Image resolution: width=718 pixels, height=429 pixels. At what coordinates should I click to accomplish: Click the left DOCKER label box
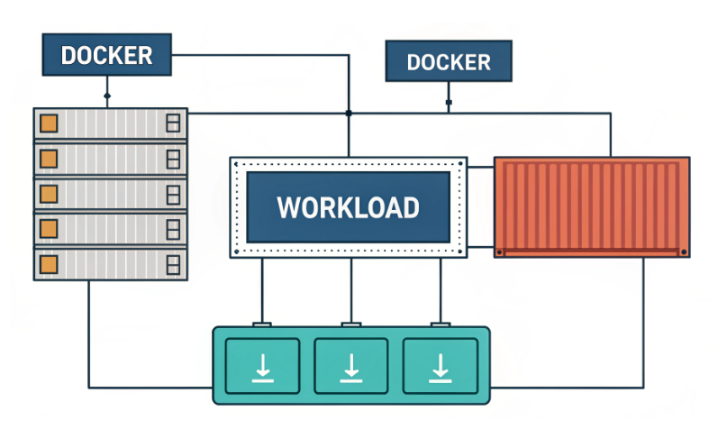(x=106, y=55)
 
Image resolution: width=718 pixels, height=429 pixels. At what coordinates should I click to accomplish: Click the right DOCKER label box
(x=449, y=62)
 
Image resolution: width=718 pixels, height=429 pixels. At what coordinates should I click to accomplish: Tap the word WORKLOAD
(x=348, y=207)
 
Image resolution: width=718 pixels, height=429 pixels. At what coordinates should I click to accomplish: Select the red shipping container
(x=592, y=206)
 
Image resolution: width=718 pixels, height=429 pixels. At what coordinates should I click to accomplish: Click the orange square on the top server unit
(x=49, y=123)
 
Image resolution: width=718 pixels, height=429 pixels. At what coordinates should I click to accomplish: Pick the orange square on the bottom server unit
(x=49, y=262)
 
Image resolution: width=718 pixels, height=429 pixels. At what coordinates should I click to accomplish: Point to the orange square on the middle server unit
(x=49, y=193)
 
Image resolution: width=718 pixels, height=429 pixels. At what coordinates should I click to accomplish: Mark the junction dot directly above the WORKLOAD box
(x=349, y=113)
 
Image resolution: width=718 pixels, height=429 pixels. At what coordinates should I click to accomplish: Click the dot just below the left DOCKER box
(x=107, y=95)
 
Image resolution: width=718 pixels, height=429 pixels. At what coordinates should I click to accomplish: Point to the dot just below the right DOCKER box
(x=449, y=103)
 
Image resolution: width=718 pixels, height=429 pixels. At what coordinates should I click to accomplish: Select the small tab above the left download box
(x=262, y=324)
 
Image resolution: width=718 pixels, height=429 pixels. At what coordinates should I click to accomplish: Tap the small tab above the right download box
(x=440, y=324)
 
